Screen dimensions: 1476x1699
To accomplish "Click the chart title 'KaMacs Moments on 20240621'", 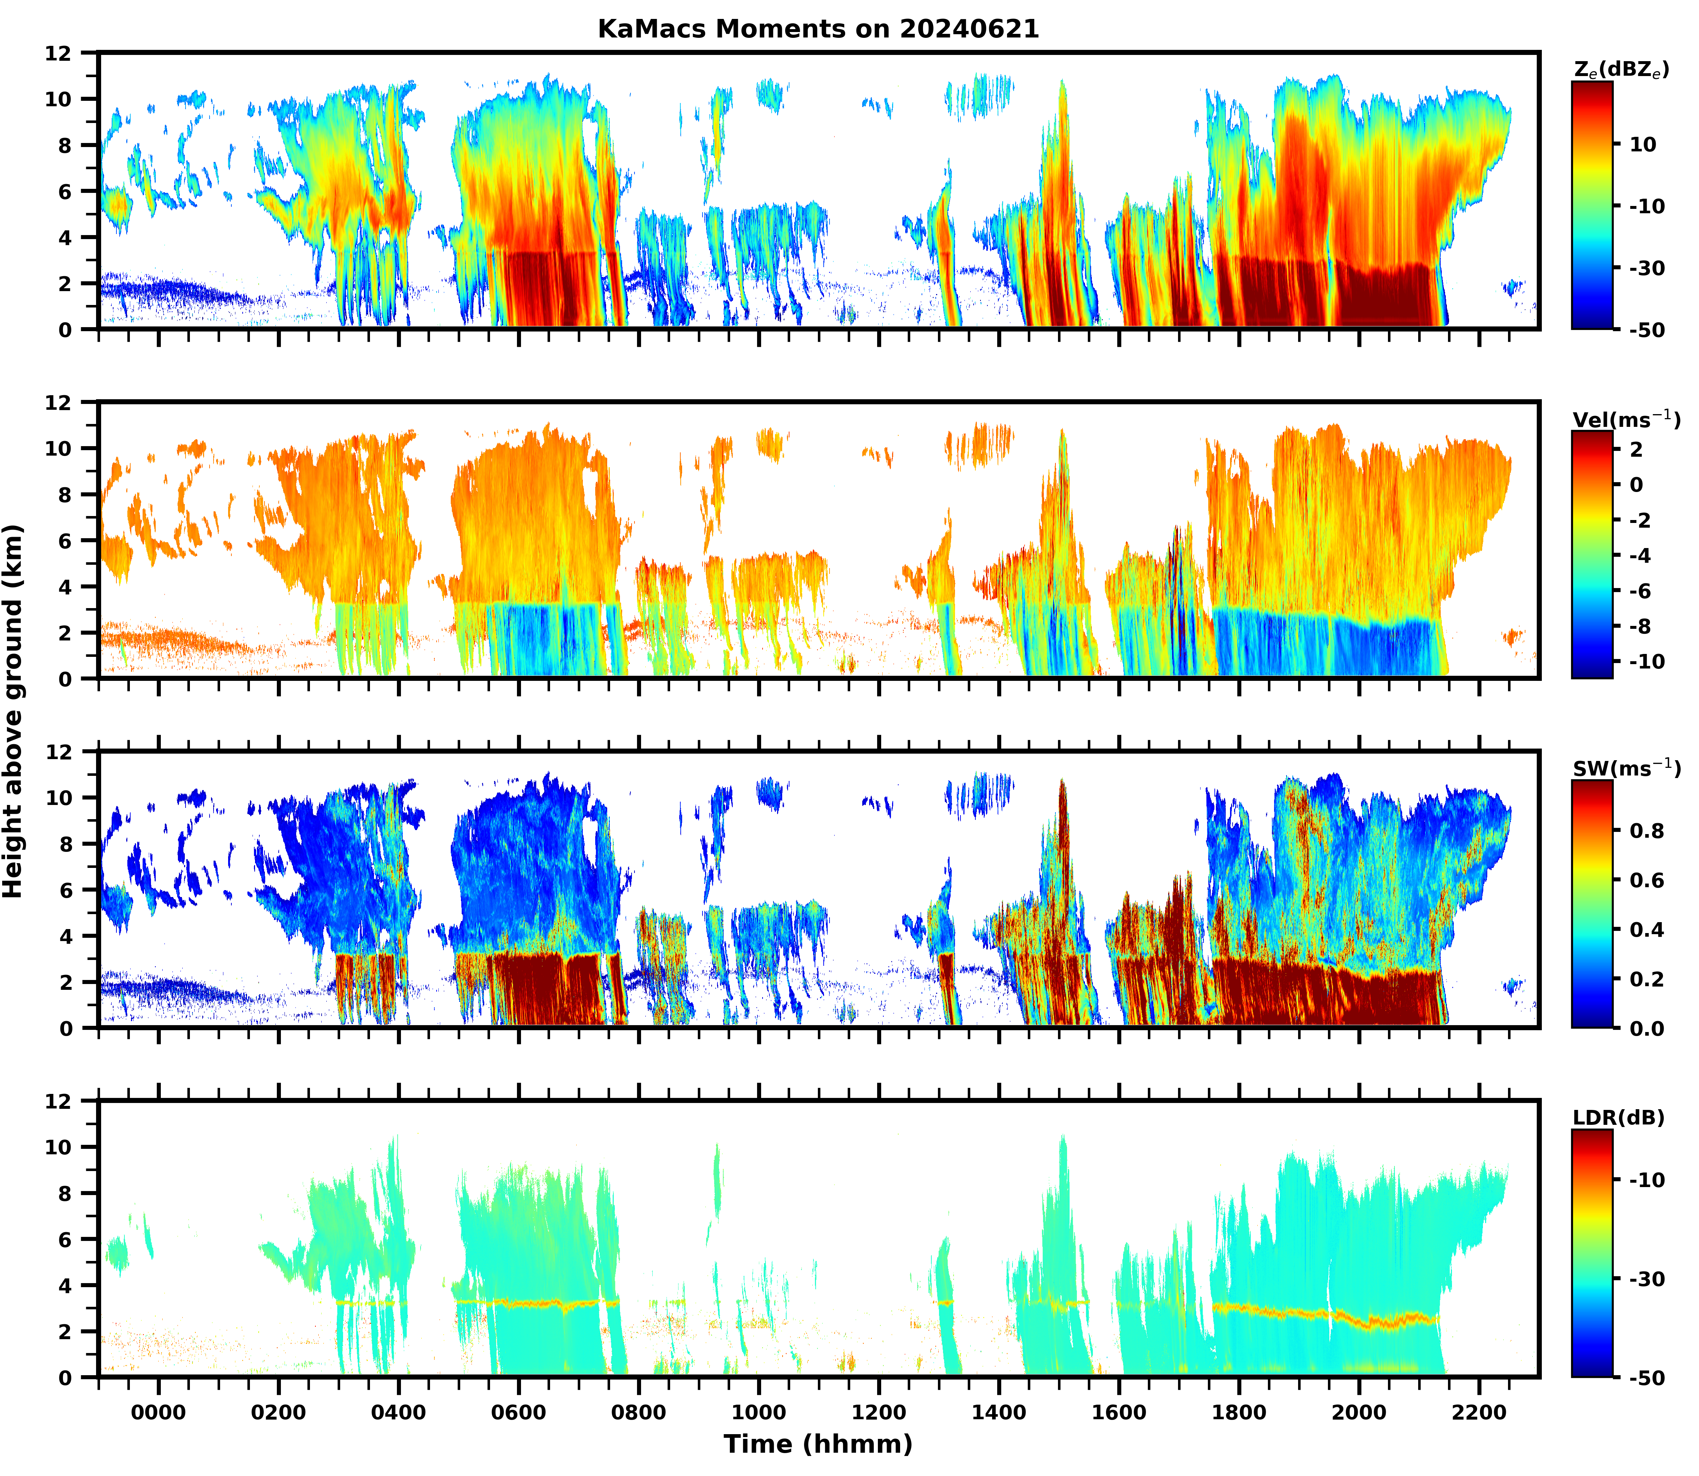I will [818, 29].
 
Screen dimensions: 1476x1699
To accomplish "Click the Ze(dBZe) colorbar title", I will [1621, 70].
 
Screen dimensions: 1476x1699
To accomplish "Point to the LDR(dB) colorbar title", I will [1618, 1118].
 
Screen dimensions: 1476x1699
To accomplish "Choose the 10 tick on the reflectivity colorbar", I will [1643, 144].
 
